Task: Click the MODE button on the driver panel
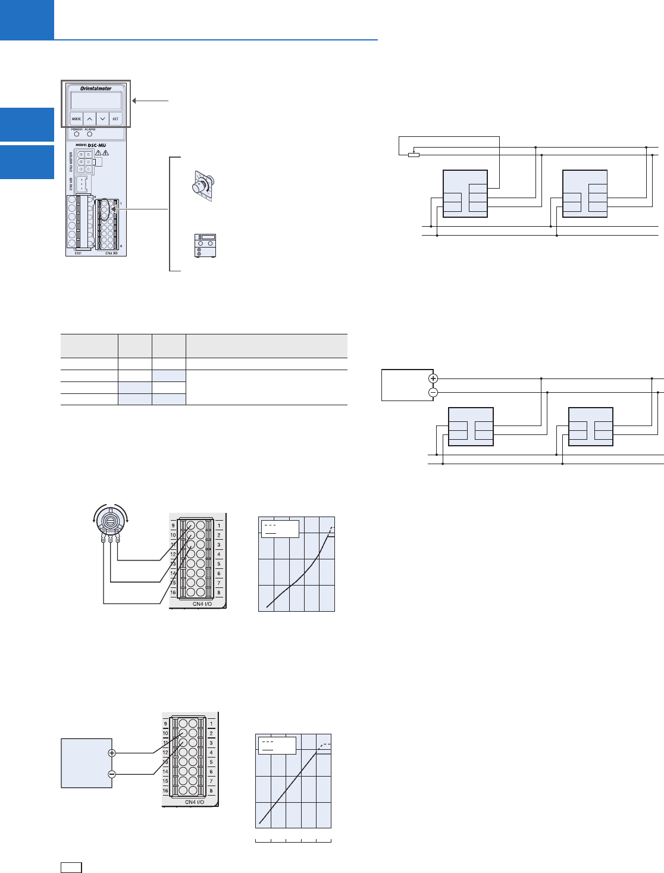[77, 118]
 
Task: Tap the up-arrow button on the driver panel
[90, 118]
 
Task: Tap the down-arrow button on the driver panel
[103, 118]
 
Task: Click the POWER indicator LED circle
[77, 134]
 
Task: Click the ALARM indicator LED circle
[90, 134]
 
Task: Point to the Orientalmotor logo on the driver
[96, 89]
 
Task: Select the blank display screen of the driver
[96, 100]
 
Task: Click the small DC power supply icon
[205, 246]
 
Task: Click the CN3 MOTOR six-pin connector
[83, 161]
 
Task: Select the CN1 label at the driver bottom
[77, 253]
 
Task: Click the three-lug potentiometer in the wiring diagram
[109, 523]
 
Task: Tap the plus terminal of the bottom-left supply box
[112, 753]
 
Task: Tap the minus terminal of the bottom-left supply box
[112, 774]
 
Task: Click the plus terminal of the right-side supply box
[433, 378]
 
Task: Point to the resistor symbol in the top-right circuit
[414, 155]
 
